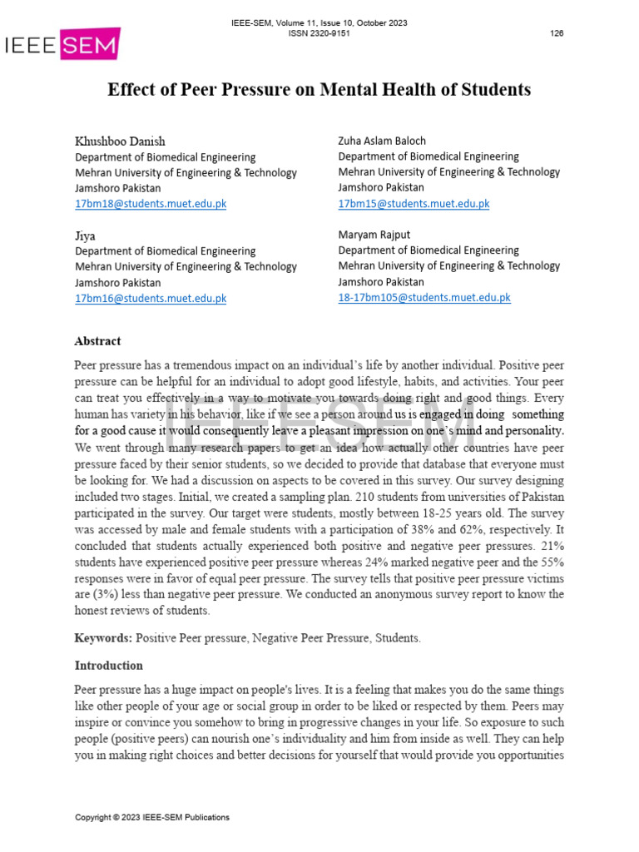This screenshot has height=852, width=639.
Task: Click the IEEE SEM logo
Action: [62, 45]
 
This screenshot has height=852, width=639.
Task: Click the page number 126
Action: [557, 33]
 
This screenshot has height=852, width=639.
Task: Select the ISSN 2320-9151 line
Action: [319, 33]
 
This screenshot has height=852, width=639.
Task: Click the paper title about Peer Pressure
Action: [319, 90]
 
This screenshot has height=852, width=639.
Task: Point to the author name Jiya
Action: [86, 235]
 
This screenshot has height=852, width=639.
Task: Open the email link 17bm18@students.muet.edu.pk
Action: [151, 204]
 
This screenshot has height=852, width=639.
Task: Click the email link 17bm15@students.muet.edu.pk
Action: [414, 203]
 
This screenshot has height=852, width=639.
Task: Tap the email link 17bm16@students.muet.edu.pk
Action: [151, 298]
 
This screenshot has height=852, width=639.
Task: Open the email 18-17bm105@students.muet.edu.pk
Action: [424, 297]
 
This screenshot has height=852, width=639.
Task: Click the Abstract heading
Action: [97, 341]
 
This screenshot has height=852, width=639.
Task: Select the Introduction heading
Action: [108, 666]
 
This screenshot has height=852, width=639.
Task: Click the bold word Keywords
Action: [103, 638]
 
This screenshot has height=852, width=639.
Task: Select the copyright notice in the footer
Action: [152, 818]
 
